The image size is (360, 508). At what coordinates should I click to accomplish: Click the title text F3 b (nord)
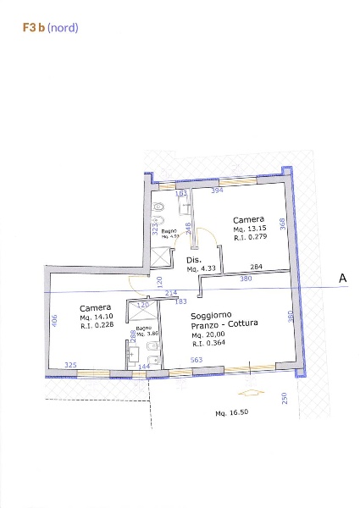click(51, 28)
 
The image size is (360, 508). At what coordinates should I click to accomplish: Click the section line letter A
click(343, 278)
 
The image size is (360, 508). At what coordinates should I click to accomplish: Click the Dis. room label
click(194, 259)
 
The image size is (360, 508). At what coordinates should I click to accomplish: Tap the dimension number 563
click(197, 360)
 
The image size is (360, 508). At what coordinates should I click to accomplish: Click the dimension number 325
click(71, 365)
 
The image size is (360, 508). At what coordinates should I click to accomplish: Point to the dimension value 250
click(285, 399)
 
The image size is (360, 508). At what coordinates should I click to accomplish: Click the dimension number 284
click(256, 268)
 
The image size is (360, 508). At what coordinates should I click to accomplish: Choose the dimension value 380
click(246, 279)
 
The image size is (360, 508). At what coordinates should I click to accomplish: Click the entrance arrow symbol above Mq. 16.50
click(249, 393)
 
